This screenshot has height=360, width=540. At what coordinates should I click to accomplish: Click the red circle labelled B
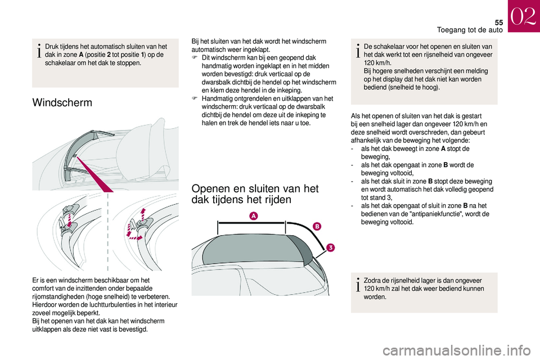(316, 226)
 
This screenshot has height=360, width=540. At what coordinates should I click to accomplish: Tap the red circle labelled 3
(332, 249)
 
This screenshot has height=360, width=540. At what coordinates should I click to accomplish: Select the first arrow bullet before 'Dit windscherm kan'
(195, 58)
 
